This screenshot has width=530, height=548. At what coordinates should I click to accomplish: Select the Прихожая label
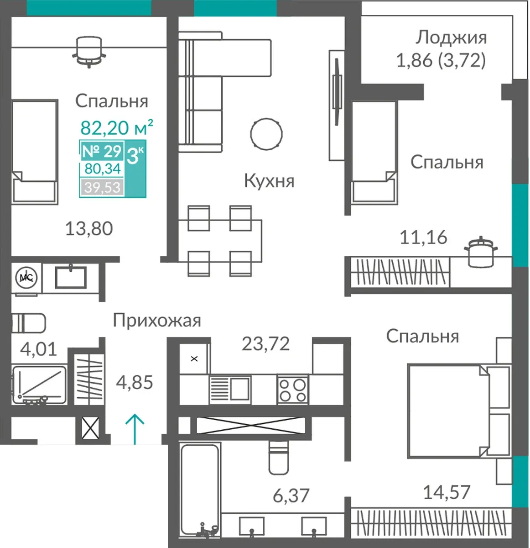coord(157,321)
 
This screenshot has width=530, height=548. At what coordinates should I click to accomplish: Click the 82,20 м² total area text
coord(117,127)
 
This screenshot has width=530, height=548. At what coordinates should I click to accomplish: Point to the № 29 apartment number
coord(102,151)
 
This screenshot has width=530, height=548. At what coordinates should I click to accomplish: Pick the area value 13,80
coord(89,228)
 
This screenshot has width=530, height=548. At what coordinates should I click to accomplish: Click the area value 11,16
coord(423,237)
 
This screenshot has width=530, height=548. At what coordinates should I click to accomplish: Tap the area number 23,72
coord(265,343)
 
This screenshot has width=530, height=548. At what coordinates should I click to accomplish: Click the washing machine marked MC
coord(26,278)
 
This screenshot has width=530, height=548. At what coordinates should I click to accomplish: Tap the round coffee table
coord(266,134)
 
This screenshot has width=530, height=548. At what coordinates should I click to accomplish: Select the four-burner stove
coord(292,390)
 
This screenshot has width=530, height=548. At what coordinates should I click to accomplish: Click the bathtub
coord(200,490)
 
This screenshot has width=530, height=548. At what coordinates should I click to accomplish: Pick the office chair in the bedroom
coord(89,52)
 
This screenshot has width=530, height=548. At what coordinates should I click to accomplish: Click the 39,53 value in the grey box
coord(103,187)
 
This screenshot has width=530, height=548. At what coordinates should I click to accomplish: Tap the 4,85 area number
coord(135,382)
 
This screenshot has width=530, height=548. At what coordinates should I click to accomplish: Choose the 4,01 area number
coord(38,349)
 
